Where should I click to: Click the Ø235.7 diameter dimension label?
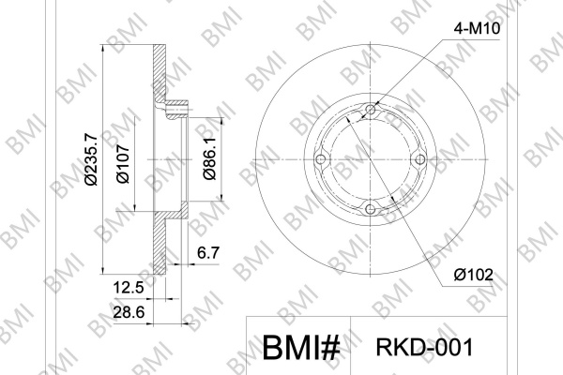coord(91,159)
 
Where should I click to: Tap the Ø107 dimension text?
coord(123,164)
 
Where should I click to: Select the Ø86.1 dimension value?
coord(209,157)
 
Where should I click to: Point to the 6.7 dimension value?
coord(208,253)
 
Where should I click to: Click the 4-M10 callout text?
coord(477,29)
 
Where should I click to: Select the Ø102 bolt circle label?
coord(473,276)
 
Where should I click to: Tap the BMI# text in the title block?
coord(301,348)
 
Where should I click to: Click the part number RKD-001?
coord(424,348)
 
